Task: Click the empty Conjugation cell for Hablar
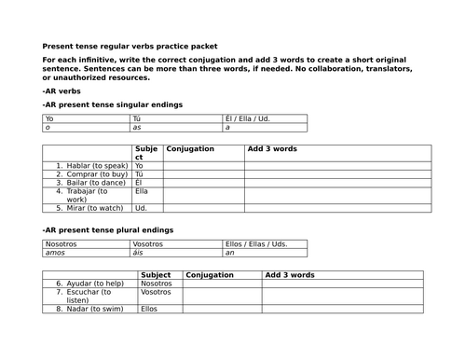[x=203, y=165]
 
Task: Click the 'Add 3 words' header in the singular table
[x=272, y=149]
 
